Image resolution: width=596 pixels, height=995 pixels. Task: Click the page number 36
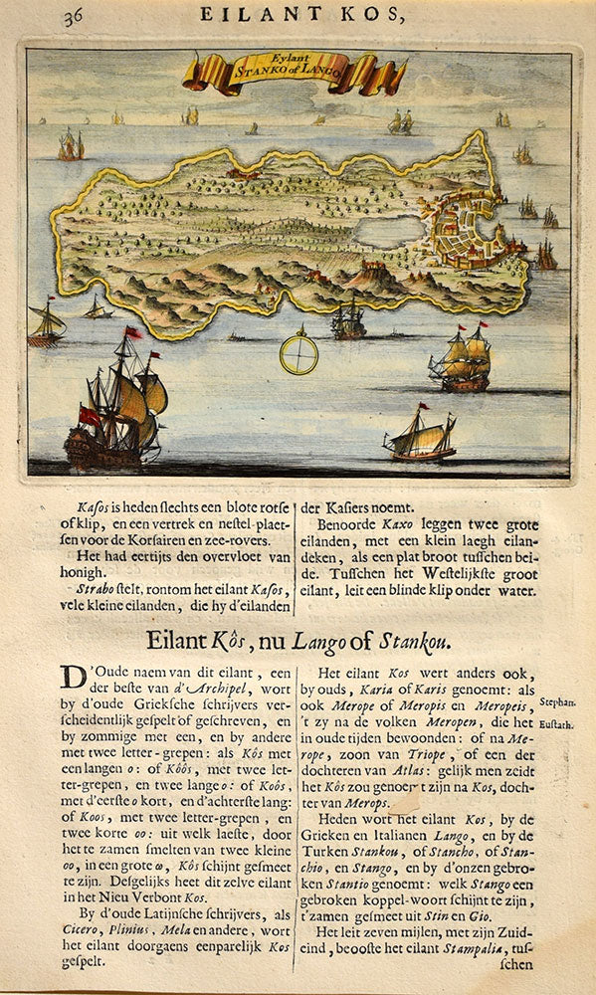73,16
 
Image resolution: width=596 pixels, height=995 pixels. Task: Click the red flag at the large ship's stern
90,416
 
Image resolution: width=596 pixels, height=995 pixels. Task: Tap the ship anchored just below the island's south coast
348,320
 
